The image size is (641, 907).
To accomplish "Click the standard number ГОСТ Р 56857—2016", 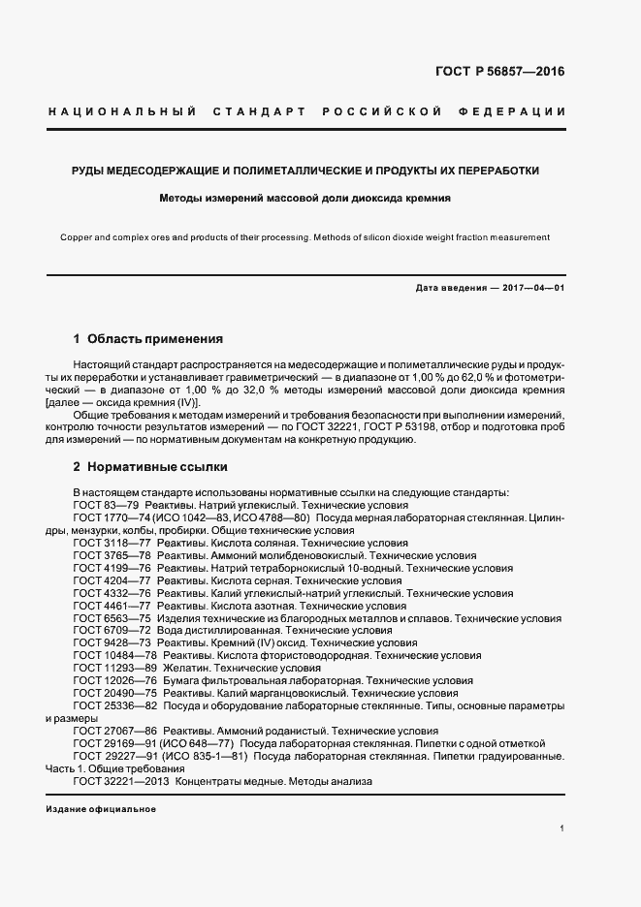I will point(498,72).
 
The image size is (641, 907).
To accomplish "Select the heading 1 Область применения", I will point(148,339).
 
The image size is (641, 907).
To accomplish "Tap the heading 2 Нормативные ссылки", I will point(150,465).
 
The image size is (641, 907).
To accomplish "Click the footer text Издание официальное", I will point(101,808).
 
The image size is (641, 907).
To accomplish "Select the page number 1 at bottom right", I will point(561,829).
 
